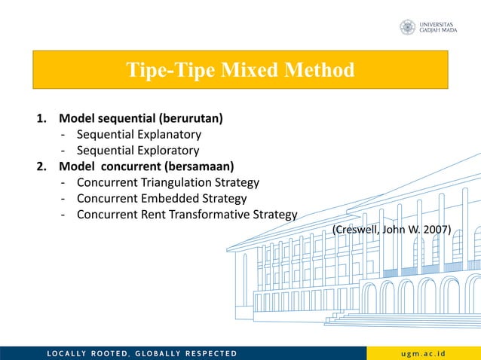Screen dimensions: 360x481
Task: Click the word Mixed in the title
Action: coord(250,71)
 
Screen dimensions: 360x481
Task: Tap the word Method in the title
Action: coord(320,71)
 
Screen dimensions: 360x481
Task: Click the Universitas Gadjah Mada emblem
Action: coord(407,28)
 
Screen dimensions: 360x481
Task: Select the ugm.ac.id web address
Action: coord(425,353)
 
